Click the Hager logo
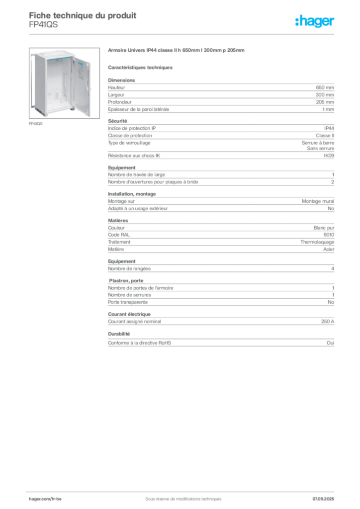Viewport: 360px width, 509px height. pyautogui.click(x=315, y=21)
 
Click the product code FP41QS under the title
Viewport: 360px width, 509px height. pyautogui.click(x=43, y=25)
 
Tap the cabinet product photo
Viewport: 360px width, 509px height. pyautogui.click(x=64, y=83)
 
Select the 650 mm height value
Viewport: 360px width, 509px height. pyautogui.click(x=325, y=87)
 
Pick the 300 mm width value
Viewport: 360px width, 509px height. pyautogui.click(x=325, y=95)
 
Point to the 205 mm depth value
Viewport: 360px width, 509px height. pyautogui.click(x=325, y=102)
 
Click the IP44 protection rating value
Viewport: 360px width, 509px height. pyautogui.click(x=329, y=129)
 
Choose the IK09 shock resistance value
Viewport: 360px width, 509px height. pyautogui.click(x=329, y=156)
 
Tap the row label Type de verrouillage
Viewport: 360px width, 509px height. pyautogui.click(x=129, y=143)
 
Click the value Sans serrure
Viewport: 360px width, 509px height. pyautogui.click(x=321, y=148)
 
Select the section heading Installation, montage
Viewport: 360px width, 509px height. pyautogui.click(x=132, y=194)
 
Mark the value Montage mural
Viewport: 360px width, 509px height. pyautogui.click(x=318, y=201)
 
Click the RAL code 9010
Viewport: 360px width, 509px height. pyautogui.click(x=329, y=235)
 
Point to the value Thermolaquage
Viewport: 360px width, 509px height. pyautogui.click(x=317, y=242)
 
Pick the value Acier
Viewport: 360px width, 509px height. pyautogui.click(x=329, y=250)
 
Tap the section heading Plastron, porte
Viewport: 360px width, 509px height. pyautogui.click(x=126, y=281)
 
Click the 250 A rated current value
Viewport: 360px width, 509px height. pyautogui.click(x=328, y=322)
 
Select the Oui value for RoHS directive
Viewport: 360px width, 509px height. pyautogui.click(x=331, y=343)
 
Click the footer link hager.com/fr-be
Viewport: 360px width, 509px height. pyautogui.click(x=45, y=499)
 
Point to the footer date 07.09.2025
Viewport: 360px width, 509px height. pyautogui.click(x=323, y=499)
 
